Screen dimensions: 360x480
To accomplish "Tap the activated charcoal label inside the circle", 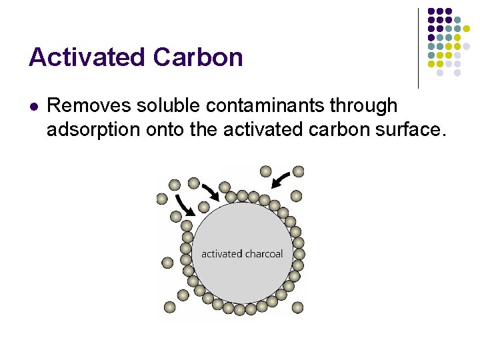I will [x=242, y=253].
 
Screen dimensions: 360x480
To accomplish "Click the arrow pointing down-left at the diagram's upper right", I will [x=282, y=179].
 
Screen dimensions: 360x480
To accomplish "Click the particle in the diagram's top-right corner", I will [x=299, y=171].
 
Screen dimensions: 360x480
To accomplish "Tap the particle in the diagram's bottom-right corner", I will [x=297, y=307].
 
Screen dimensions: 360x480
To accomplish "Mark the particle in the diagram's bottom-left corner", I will [x=169, y=307].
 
